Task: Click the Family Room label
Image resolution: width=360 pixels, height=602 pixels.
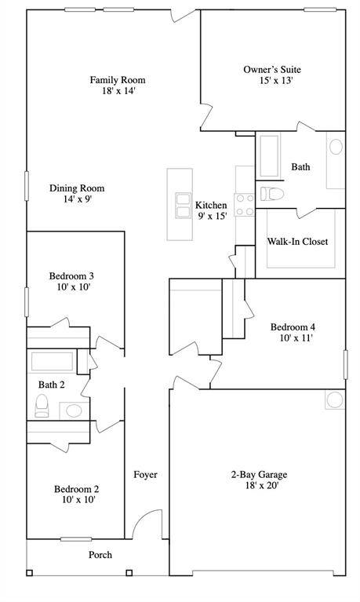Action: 118,80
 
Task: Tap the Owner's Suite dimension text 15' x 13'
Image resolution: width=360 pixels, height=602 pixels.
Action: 276,81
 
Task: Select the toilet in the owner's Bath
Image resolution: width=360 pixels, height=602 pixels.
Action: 271,194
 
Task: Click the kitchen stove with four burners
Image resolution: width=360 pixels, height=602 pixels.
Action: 245,205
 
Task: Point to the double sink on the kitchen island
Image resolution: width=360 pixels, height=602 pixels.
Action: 183,206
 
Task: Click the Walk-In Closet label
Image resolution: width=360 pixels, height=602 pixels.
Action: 297,242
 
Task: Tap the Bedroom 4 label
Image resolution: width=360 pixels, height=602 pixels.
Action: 293,327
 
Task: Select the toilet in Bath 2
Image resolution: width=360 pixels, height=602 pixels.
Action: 42,406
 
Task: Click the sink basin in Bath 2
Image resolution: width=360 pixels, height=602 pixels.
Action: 74,410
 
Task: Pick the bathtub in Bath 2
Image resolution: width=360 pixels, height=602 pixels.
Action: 52,361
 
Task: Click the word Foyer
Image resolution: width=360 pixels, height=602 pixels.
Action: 145,475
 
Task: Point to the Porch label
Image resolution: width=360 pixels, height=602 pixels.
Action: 100,555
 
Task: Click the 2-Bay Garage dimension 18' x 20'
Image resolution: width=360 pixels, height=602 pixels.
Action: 262,485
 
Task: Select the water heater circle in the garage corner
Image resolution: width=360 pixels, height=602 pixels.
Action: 335,400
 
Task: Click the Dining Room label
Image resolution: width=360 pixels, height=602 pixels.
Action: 77,188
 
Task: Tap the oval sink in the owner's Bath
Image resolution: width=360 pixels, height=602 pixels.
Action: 336,147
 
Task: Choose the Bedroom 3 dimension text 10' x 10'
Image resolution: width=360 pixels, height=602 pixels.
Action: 73,286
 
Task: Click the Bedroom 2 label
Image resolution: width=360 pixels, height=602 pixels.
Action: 76,489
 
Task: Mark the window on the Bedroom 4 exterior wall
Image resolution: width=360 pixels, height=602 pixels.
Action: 345,365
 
